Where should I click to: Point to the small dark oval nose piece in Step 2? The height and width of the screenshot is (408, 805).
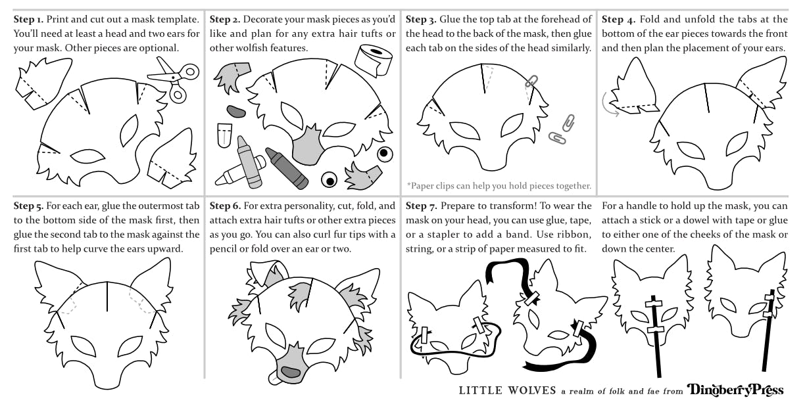click(235, 110)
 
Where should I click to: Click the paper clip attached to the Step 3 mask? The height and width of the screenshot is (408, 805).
click(531, 83)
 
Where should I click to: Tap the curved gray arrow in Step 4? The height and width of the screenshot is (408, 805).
click(608, 104)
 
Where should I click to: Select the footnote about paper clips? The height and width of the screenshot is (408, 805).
click(499, 185)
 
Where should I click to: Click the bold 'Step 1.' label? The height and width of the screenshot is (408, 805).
click(28, 20)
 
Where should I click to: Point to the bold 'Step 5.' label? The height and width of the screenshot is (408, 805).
click(28, 206)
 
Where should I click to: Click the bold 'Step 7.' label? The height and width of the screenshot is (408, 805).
click(422, 206)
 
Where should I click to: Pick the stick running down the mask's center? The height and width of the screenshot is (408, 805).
click(655, 342)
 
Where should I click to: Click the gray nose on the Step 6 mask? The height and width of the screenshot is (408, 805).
click(290, 372)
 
